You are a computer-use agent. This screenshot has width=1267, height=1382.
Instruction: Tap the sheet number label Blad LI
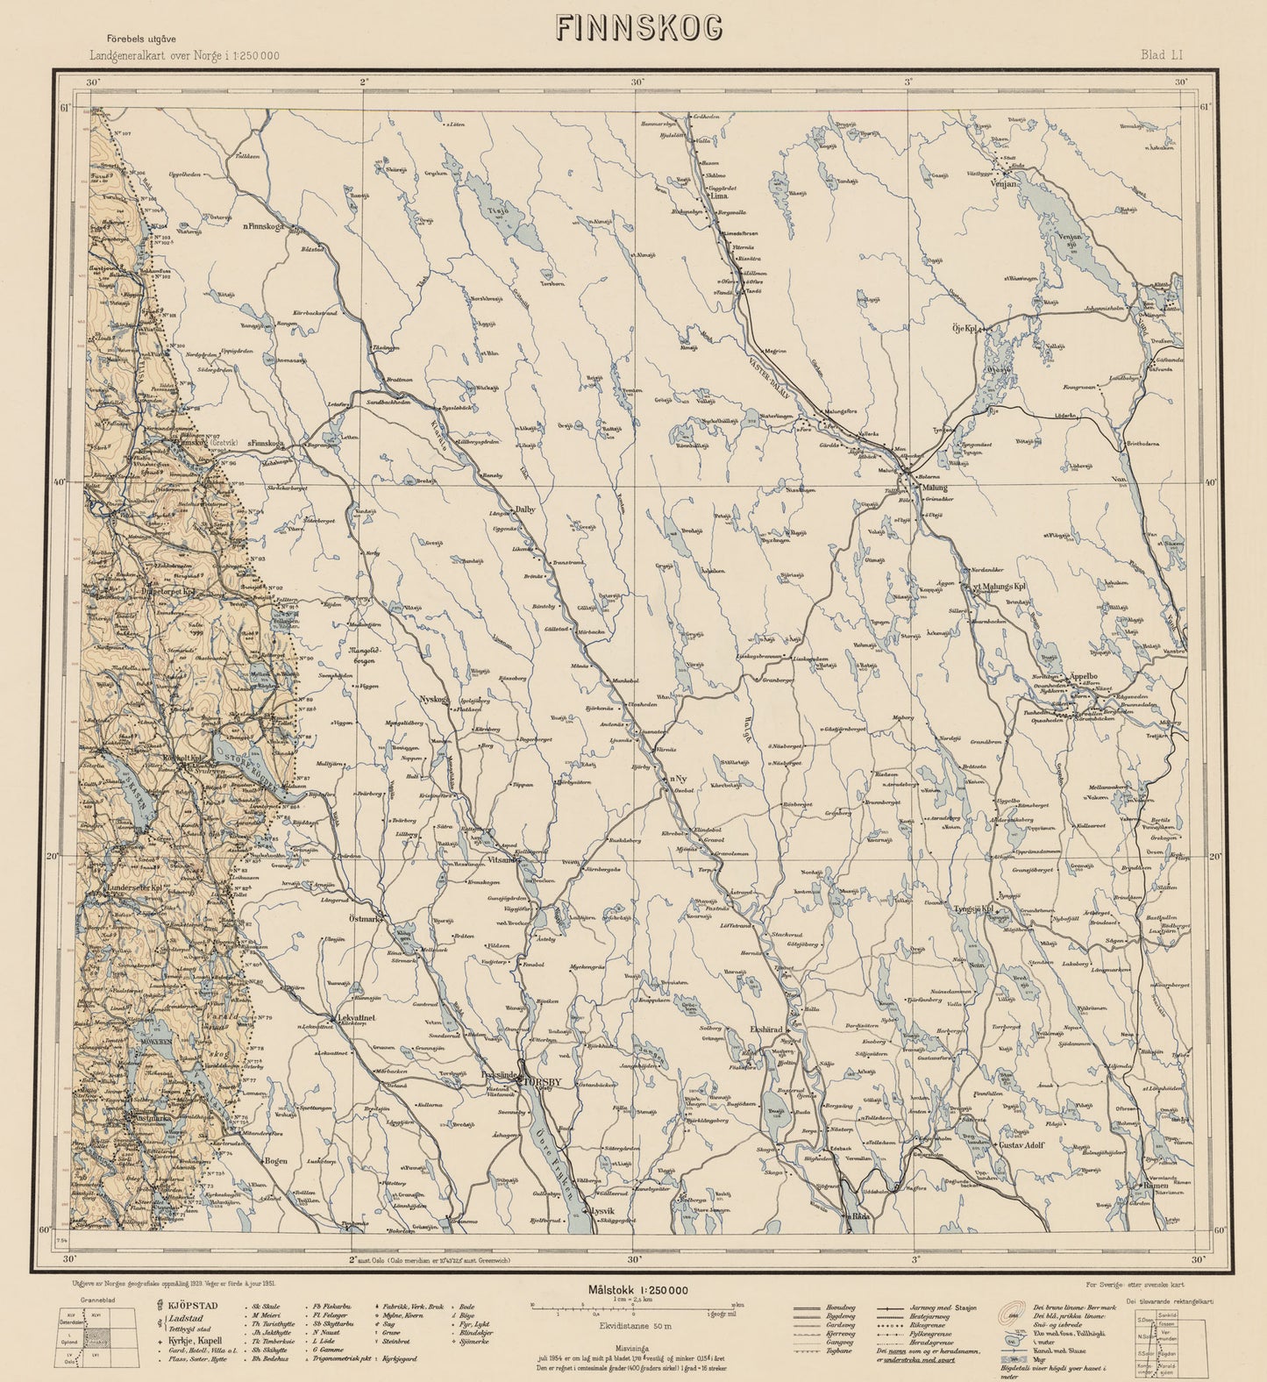(1163, 54)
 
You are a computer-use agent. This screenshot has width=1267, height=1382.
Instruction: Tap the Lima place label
(725, 198)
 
